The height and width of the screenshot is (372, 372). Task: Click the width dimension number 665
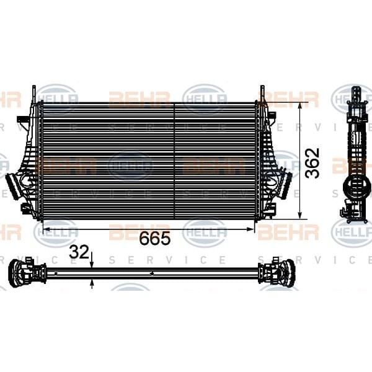point(154,239)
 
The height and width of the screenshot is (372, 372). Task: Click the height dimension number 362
point(314,162)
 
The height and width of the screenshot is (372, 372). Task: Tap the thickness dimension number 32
point(79,252)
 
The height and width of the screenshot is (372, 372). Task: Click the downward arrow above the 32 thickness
point(92,263)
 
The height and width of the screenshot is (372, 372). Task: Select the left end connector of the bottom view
point(25,273)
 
